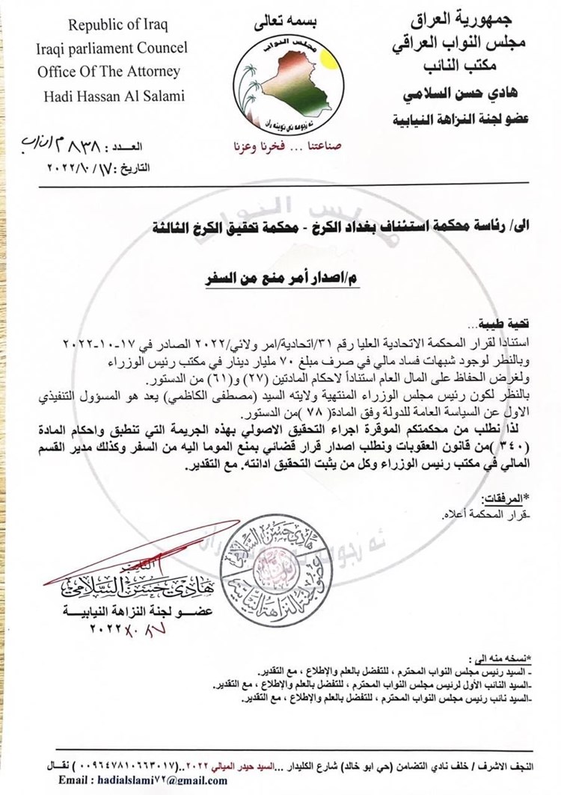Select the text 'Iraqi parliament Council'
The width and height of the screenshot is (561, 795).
113,49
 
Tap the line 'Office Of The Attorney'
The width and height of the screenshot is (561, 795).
109,72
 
